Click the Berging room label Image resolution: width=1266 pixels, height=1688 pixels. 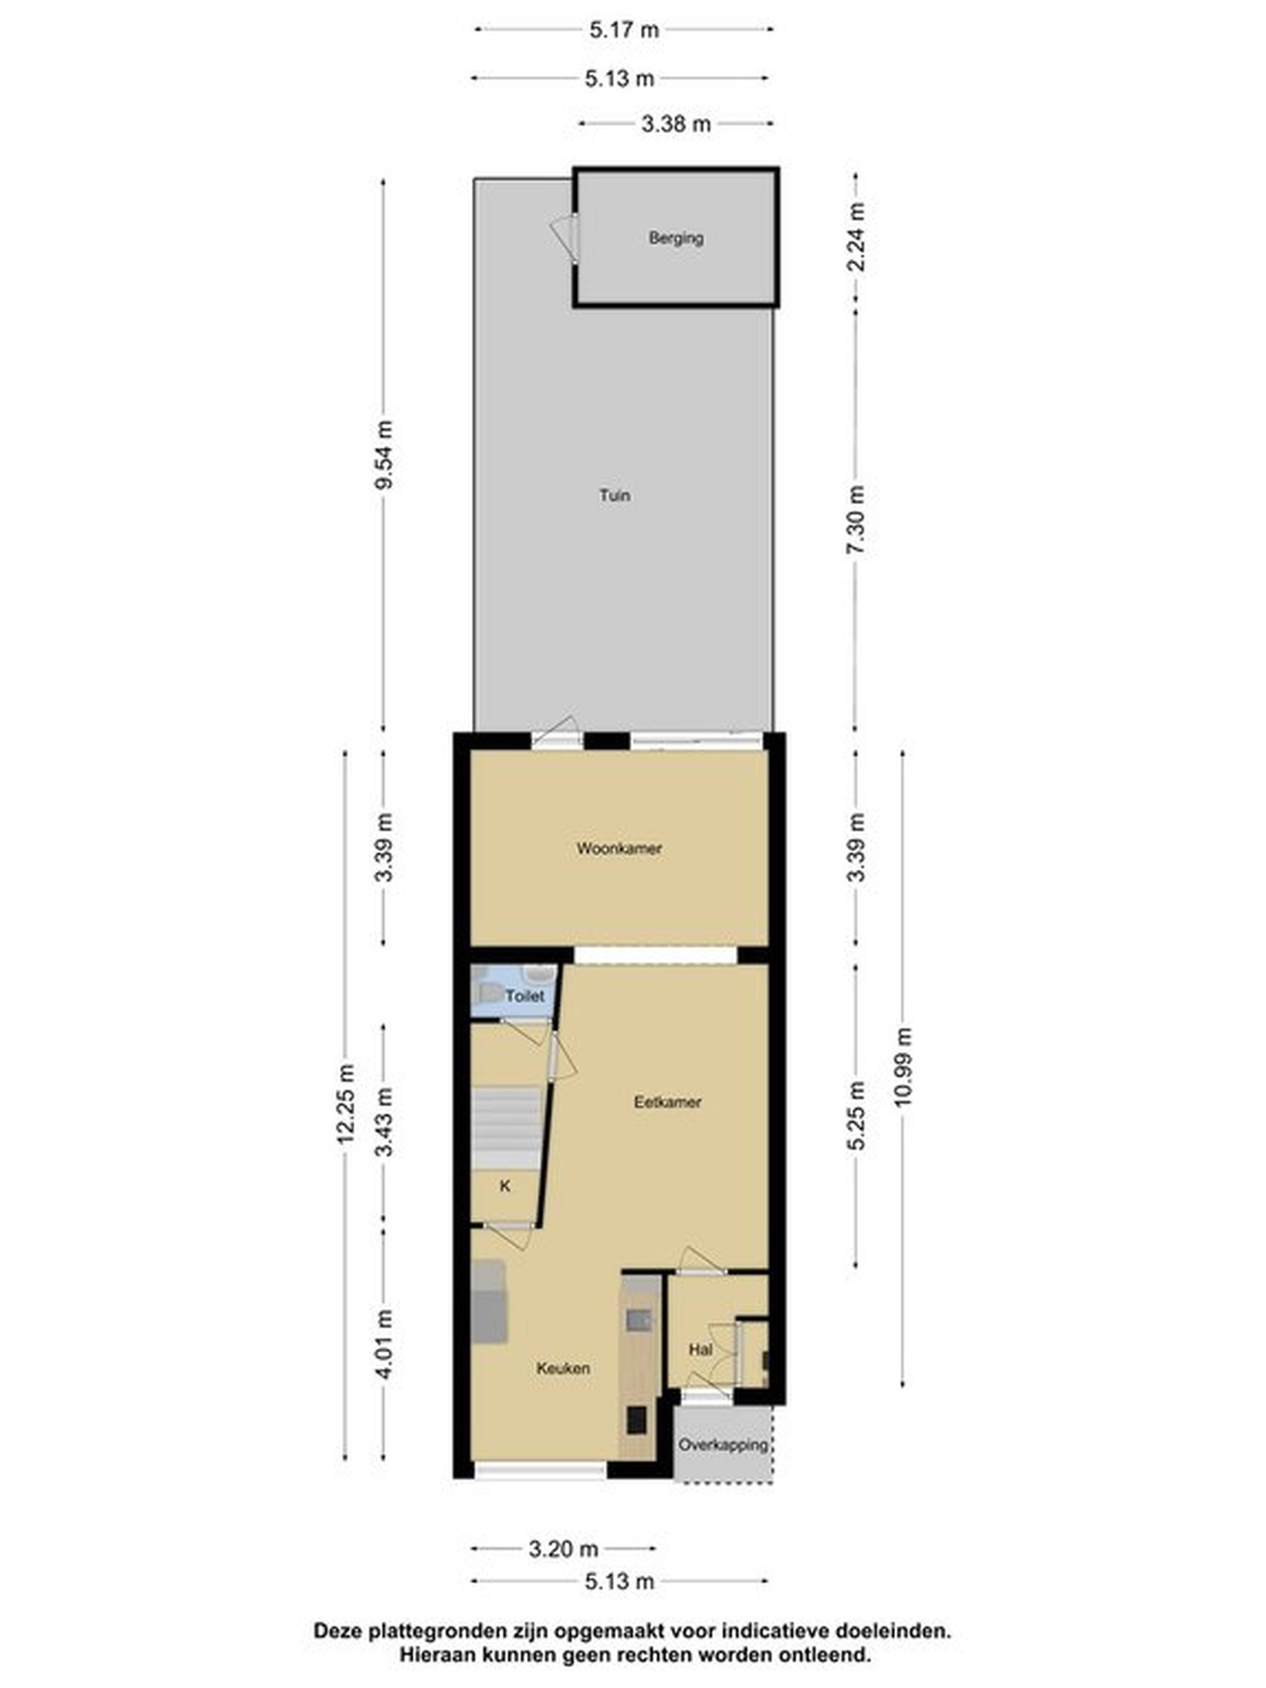(675, 238)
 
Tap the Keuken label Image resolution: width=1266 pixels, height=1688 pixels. (563, 1368)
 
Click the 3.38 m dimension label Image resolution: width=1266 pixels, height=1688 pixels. (675, 124)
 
